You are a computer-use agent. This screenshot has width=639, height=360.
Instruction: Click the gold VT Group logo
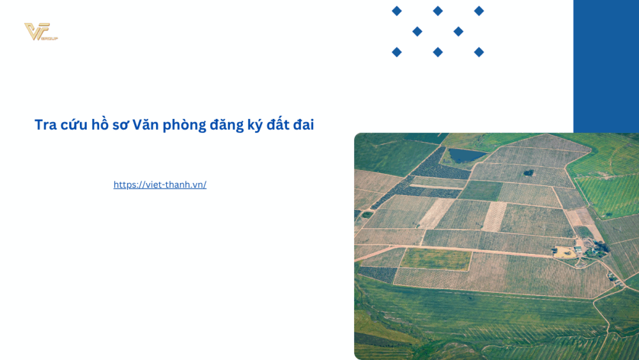click(x=40, y=31)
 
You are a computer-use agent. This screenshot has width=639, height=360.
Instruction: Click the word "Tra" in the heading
click(x=45, y=125)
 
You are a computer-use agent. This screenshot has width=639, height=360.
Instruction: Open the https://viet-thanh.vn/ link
click(x=160, y=185)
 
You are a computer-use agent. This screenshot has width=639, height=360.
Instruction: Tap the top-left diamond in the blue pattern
click(x=397, y=11)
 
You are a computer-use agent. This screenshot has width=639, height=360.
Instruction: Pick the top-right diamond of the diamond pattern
click(x=479, y=11)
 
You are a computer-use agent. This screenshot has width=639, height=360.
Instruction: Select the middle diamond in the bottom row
click(x=438, y=52)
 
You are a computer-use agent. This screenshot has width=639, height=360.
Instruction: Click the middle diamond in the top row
click(x=438, y=11)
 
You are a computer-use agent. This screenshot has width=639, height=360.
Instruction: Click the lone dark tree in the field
click(x=528, y=172)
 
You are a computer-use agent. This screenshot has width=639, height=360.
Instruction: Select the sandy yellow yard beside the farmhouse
click(x=564, y=252)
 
